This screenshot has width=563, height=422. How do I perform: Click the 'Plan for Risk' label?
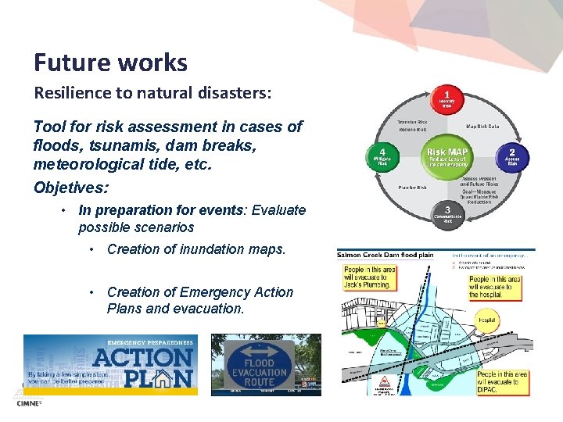[x=411, y=188]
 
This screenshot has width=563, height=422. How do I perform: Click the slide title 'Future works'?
[x=110, y=63]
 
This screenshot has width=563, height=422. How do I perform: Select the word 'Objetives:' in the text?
[x=71, y=188]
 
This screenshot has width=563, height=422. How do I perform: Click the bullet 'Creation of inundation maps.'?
[x=196, y=249]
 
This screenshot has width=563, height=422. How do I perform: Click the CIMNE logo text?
[x=28, y=403]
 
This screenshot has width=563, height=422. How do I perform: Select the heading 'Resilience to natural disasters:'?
[x=152, y=93]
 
